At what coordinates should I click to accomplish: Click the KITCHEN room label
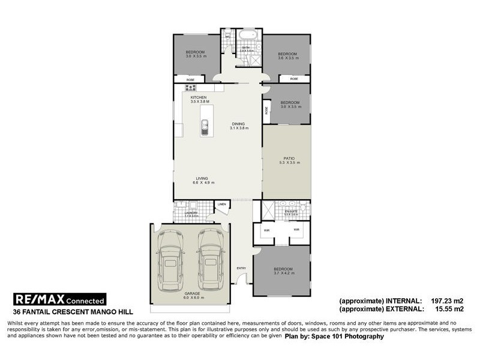pos(199,97)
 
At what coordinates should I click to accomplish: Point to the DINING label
pos(239,124)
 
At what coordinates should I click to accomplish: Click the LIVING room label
pos(202,178)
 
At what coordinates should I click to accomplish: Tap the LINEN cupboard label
pos(222,205)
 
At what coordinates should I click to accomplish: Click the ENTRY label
pos(241,268)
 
